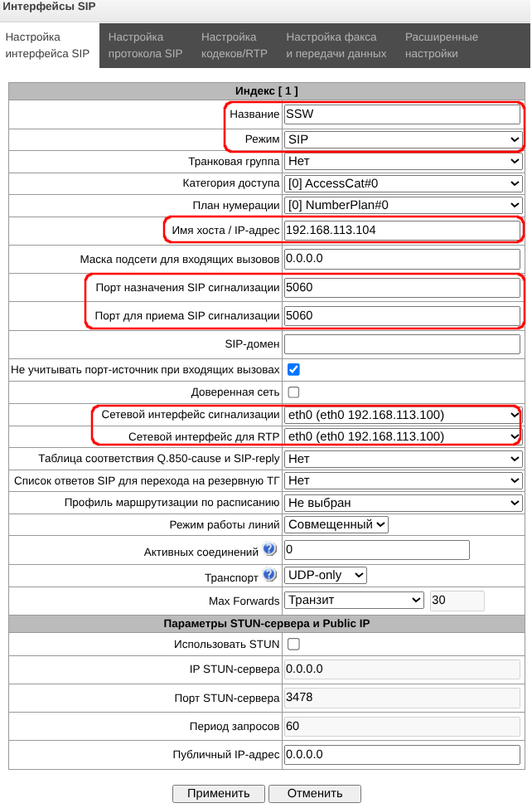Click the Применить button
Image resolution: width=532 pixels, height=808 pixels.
[x=218, y=793]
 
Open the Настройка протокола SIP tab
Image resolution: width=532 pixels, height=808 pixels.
[x=145, y=46]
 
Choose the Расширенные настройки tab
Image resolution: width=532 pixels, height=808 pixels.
[x=441, y=46]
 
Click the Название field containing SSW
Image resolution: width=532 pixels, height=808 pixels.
[x=401, y=114]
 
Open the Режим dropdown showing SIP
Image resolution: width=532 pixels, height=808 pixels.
[x=403, y=139]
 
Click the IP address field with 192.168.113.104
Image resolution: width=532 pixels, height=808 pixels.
[x=401, y=230]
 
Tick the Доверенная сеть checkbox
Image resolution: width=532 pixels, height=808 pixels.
[x=293, y=392]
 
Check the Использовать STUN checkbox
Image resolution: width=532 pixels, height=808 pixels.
[x=293, y=644]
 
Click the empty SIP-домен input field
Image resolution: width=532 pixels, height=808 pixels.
[x=401, y=343]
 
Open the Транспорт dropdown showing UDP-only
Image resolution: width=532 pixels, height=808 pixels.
[x=325, y=575]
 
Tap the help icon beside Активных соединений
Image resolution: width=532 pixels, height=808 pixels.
[x=269, y=550]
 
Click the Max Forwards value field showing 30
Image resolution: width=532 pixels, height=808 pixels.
[x=457, y=600]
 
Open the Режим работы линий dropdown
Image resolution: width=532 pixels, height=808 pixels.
[x=336, y=524]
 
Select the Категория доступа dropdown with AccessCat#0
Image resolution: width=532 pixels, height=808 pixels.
[x=403, y=183]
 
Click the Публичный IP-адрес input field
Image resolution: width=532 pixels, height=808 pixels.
[x=401, y=754]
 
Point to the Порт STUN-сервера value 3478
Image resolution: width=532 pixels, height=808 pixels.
[x=401, y=698]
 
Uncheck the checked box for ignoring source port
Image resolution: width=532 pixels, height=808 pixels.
[x=293, y=369]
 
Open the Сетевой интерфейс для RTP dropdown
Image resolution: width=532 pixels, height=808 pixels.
[x=403, y=436]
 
